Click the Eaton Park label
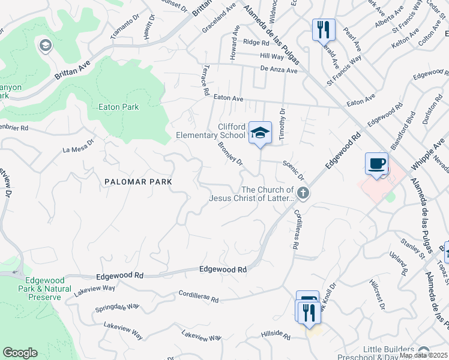(118, 107)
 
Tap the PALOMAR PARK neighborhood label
(139, 181)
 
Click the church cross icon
(303, 193)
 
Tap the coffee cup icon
(376, 164)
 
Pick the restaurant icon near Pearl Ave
(322, 28)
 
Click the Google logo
(20, 353)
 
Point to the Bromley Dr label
(231, 154)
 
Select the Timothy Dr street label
(282, 125)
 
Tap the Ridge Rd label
(256, 42)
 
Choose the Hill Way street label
(272, 56)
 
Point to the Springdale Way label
(117, 308)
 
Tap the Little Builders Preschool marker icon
(424, 351)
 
